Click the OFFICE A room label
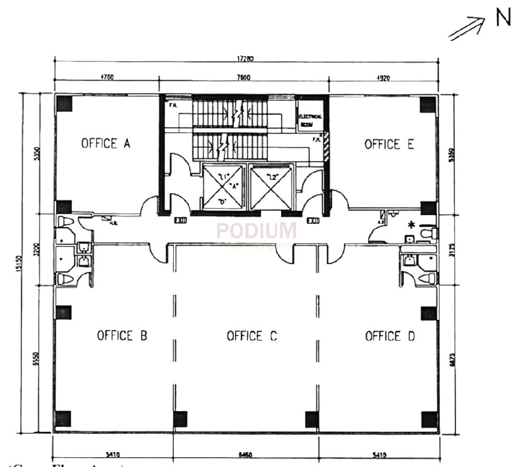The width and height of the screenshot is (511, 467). pyautogui.click(x=106, y=144)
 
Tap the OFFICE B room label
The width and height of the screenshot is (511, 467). pyautogui.click(x=122, y=336)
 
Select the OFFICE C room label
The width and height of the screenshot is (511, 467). pyautogui.click(x=252, y=336)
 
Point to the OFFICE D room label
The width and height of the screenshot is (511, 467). pyautogui.click(x=390, y=336)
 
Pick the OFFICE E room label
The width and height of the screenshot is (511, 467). pyautogui.click(x=389, y=145)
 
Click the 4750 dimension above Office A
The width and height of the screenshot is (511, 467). pyautogui.click(x=106, y=78)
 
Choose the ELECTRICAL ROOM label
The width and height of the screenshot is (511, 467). pyautogui.click(x=310, y=120)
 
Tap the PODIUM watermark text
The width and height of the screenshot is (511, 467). pyautogui.click(x=257, y=231)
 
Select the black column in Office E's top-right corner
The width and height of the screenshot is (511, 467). pyautogui.click(x=427, y=104)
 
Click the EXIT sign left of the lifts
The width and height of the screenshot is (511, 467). pyautogui.click(x=179, y=221)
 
